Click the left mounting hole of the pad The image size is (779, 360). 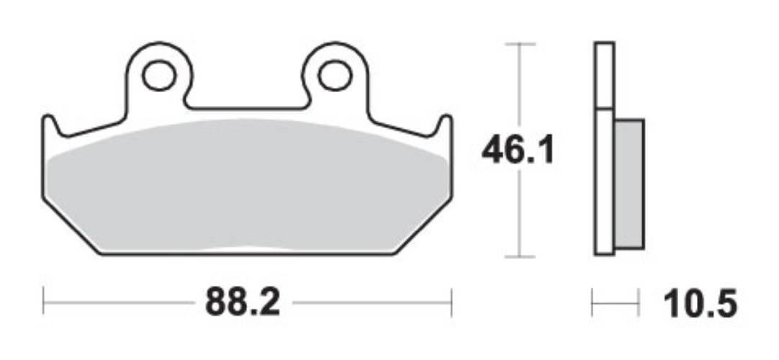click(x=158, y=75)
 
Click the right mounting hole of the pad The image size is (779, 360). click(x=335, y=75)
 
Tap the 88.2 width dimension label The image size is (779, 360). click(x=242, y=304)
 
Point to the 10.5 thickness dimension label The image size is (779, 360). click(x=701, y=304)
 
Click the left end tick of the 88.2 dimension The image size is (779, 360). click(x=43, y=302)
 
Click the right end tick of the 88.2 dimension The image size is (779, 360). click(x=451, y=302)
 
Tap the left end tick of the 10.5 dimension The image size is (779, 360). click(x=592, y=303)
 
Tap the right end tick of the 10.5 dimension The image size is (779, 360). click(x=639, y=303)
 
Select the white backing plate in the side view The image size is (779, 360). click(x=604, y=144)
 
